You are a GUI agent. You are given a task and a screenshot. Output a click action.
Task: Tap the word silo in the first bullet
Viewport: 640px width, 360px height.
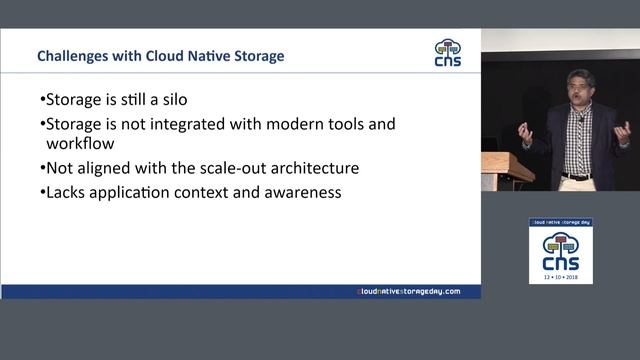[198, 101]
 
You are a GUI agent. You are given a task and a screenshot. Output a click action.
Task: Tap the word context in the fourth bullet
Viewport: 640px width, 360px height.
[216, 190]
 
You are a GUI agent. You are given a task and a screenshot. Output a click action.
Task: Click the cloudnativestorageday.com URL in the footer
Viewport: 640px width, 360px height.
[409, 291]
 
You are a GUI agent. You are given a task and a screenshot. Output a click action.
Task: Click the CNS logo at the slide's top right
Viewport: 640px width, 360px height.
[448, 53]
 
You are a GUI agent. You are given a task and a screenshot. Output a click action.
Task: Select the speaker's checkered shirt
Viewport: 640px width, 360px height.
[578, 145]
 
